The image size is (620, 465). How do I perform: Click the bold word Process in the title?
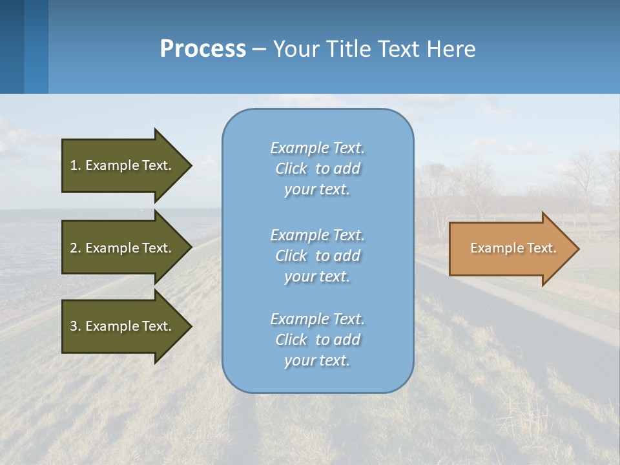(203, 49)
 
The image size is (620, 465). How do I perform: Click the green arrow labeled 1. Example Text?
(123, 165)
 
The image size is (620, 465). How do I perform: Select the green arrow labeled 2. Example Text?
(123, 248)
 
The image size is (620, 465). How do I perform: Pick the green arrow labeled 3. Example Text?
(123, 326)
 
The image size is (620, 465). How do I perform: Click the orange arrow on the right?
(510, 249)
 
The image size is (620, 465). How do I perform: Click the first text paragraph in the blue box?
(317, 169)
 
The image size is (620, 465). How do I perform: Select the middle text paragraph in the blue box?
(317, 256)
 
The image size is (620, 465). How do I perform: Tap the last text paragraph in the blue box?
(317, 340)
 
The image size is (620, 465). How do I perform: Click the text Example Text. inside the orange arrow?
(513, 248)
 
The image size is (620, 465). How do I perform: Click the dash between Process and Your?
(260, 50)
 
